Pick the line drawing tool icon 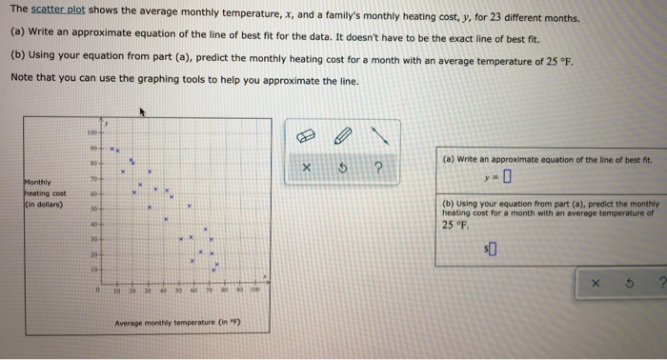click(381, 134)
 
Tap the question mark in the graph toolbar click(378, 170)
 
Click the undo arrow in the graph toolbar click(341, 170)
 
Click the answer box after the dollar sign click(494, 250)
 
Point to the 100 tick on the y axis click(91, 132)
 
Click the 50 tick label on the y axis click(93, 207)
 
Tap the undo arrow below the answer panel click(625, 284)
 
